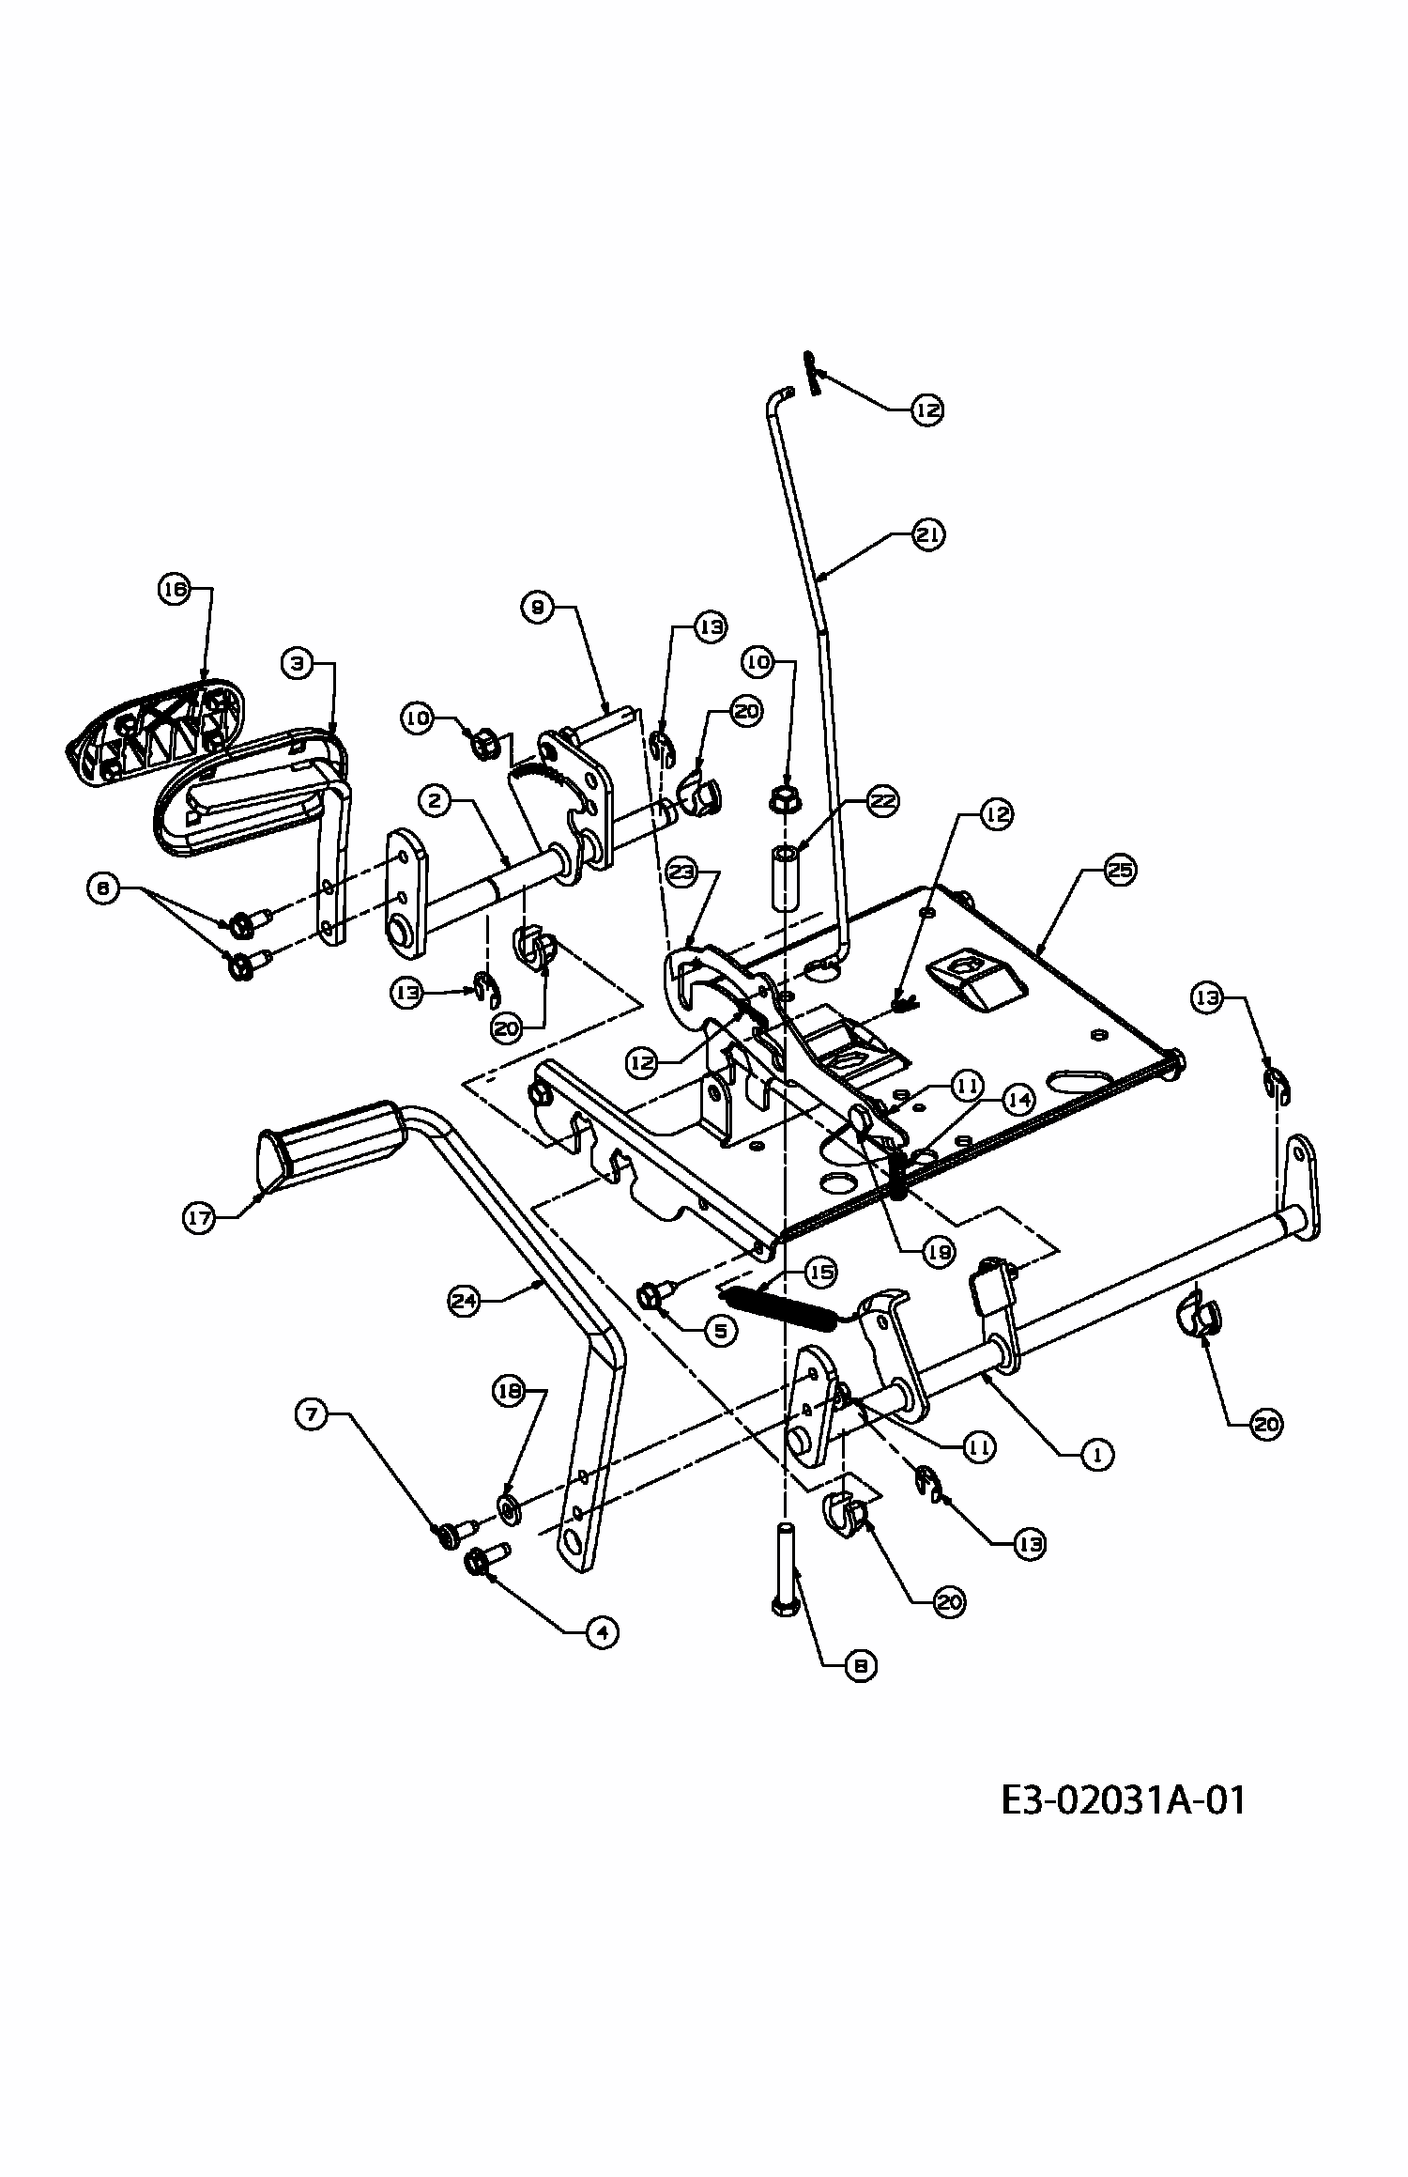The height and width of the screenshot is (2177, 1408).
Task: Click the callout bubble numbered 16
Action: [x=173, y=590]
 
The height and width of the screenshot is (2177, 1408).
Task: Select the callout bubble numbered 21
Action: [x=928, y=534]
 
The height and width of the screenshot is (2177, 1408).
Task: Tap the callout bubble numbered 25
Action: [x=1119, y=872]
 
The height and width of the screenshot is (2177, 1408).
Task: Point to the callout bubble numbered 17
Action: [x=200, y=1219]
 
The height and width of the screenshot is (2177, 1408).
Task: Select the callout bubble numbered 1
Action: [x=1096, y=1454]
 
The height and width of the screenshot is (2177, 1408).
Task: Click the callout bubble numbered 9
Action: [x=537, y=607]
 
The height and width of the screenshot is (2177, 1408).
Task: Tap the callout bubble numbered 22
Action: [x=882, y=801]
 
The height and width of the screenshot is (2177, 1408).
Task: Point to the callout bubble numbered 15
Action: [x=821, y=1273]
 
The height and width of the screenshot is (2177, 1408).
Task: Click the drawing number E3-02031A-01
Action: [x=1123, y=1801]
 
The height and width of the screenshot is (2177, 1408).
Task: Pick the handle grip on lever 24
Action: [x=333, y=1139]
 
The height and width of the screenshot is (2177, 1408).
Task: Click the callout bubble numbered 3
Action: [x=298, y=663]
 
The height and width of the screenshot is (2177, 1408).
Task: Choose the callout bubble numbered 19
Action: [x=938, y=1251]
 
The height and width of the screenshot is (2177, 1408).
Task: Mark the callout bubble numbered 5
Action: [x=721, y=1331]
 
